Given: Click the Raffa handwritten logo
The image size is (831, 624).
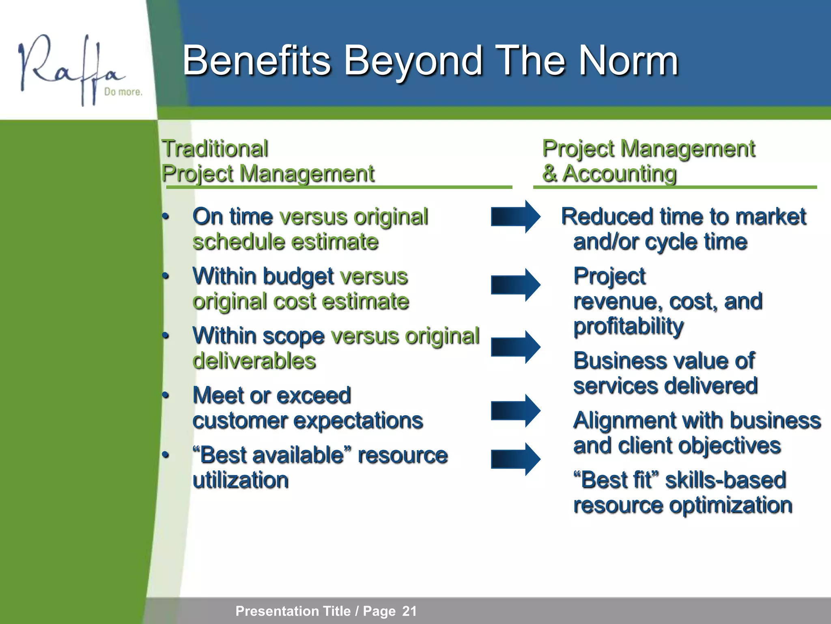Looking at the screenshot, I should point(69,67).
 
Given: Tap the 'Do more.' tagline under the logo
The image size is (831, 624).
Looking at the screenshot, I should point(123,92).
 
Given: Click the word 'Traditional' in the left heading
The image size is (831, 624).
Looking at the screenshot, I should point(215,149).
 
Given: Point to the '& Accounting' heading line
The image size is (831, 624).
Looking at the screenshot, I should point(609,174).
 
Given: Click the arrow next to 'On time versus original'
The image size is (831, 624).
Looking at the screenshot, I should point(515,217).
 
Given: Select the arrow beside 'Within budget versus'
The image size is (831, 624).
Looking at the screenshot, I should point(515,285).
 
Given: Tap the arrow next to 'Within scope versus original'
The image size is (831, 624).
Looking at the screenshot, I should point(515,347).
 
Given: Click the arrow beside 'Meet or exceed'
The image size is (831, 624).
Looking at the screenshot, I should point(515,410).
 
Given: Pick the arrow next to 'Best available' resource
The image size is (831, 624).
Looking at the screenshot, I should point(515,459).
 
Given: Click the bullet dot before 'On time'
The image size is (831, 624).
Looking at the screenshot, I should point(165,217).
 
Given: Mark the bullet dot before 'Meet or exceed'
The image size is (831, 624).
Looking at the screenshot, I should point(165,395).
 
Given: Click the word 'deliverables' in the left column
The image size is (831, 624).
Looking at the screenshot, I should point(254,361).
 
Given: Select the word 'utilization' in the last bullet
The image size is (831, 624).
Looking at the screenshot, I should point(241,480).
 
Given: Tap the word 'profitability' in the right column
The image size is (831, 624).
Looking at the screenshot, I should point(628,326).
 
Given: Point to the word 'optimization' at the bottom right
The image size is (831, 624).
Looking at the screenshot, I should point(730,505).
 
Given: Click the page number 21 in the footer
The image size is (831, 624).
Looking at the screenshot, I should point(409,611).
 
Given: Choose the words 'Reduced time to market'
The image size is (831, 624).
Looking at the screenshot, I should point(683,217).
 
